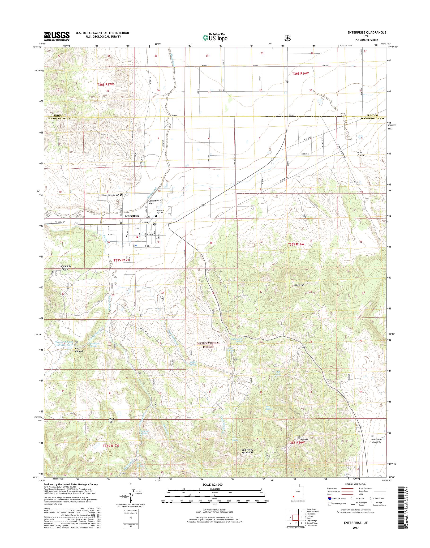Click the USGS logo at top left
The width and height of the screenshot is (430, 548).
(57, 36)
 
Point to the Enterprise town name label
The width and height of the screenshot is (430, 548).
(132, 216)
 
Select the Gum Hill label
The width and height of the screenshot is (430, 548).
(300, 285)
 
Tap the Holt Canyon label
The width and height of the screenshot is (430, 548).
(361, 154)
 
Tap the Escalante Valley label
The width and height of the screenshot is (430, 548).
(65, 267)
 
